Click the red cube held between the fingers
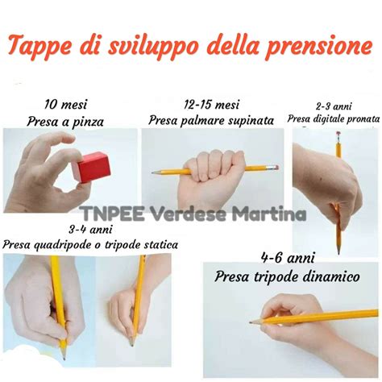click(x=91, y=167)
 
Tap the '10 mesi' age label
click(x=66, y=105)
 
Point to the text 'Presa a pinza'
click(x=65, y=122)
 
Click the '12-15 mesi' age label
click(x=212, y=105)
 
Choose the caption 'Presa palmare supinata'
click(x=211, y=121)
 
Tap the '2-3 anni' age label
click(x=334, y=106)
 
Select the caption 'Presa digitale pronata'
click(x=334, y=118)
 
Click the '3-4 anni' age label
click(x=90, y=230)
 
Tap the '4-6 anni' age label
click(x=288, y=258)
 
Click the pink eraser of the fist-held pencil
click(x=275, y=168)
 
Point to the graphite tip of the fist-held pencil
click(x=153, y=172)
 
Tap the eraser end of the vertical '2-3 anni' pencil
click(x=338, y=134)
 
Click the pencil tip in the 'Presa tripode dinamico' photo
click(x=251, y=322)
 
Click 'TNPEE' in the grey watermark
click(x=113, y=214)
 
